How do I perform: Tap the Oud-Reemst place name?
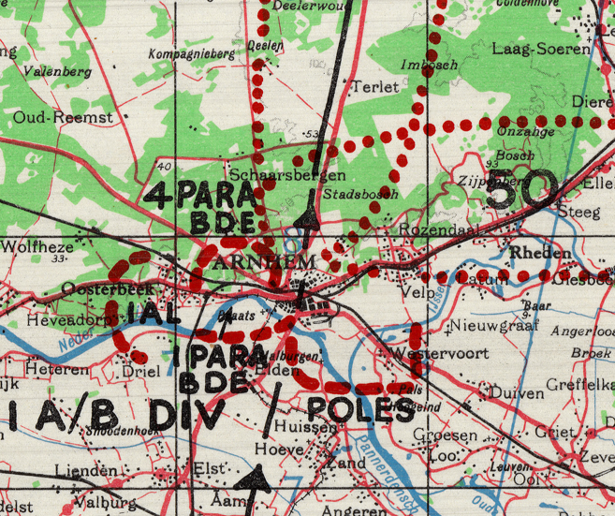point(62,117)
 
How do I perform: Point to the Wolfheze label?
point(37,247)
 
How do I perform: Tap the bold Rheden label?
point(540,254)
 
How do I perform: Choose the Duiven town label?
point(517,393)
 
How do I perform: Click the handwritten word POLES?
point(359,410)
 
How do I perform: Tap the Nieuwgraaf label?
point(485,327)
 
